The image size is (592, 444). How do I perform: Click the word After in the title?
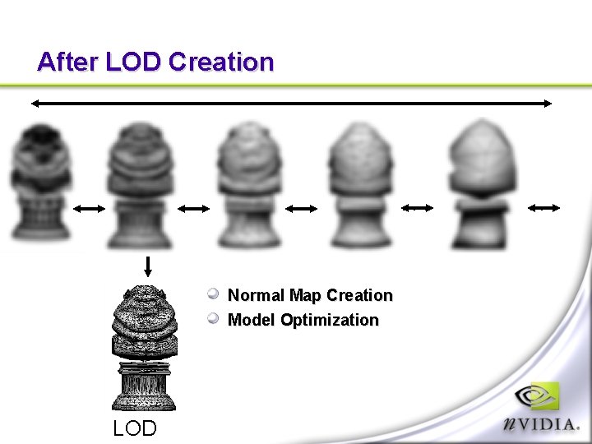point(68,62)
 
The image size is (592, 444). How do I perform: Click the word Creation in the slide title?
point(221,62)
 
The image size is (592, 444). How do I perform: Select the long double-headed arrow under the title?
point(292,103)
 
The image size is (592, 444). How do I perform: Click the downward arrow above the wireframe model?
point(148,266)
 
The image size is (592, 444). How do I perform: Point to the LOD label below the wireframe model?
point(135,428)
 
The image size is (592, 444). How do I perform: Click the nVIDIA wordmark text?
point(543,423)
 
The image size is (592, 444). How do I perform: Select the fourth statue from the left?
point(360,185)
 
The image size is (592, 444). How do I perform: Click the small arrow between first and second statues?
point(90,209)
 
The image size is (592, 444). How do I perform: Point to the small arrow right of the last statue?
point(543,209)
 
